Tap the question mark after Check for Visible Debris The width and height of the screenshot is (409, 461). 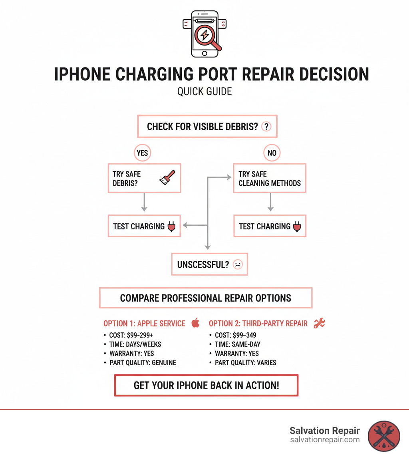click(x=266, y=127)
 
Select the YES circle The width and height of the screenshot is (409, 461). click(x=142, y=153)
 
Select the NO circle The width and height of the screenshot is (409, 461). click(x=272, y=153)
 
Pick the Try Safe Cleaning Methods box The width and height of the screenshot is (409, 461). click(x=270, y=179)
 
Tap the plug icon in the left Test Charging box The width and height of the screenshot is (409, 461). click(x=172, y=227)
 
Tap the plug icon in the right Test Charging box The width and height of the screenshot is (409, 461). click(x=297, y=227)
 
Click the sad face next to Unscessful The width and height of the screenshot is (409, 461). click(x=237, y=264)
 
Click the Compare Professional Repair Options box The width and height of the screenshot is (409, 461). click(x=205, y=298)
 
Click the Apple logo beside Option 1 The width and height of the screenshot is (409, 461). click(x=195, y=323)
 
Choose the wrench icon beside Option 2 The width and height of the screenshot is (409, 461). click(x=319, y=323)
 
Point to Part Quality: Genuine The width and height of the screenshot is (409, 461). click(x=143, y=363)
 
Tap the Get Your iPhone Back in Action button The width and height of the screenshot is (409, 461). click(x=206, y=385)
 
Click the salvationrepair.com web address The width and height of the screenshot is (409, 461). click(x=325, y=440)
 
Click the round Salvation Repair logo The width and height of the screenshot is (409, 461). click(x=383, y=435)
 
